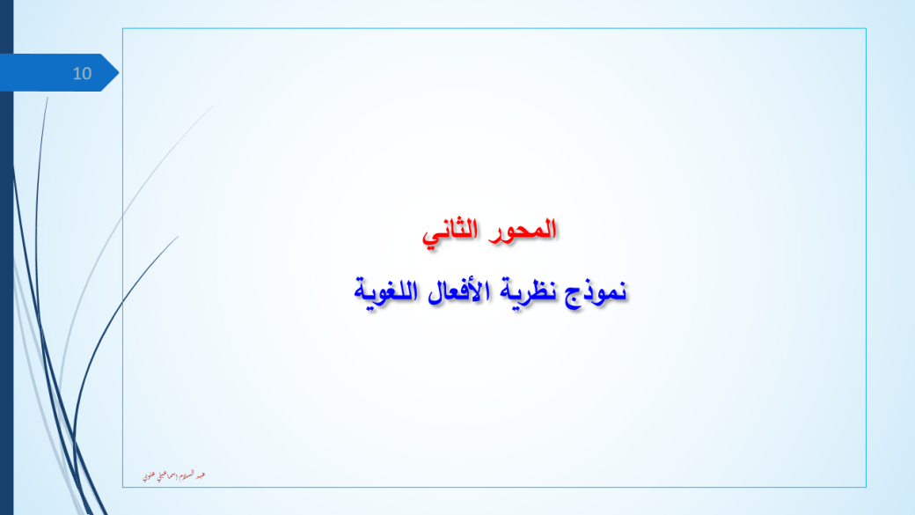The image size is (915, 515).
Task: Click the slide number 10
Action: [x=82, y=73]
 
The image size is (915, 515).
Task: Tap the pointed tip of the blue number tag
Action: [x=118, y=72]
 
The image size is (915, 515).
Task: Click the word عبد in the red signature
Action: [x=201, y=475]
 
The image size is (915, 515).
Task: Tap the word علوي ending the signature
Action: [x=150, y=475]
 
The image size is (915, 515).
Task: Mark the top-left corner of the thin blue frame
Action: [x=122, y=28]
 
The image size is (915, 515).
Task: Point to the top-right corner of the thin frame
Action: [x=867, y=28]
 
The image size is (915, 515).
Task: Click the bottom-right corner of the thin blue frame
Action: [x=867, y=487]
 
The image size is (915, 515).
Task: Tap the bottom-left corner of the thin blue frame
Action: [x=122, y=487]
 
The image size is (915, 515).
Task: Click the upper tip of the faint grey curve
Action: [x=213, y=107]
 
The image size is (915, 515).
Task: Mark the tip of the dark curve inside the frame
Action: [x=179, y=236]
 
